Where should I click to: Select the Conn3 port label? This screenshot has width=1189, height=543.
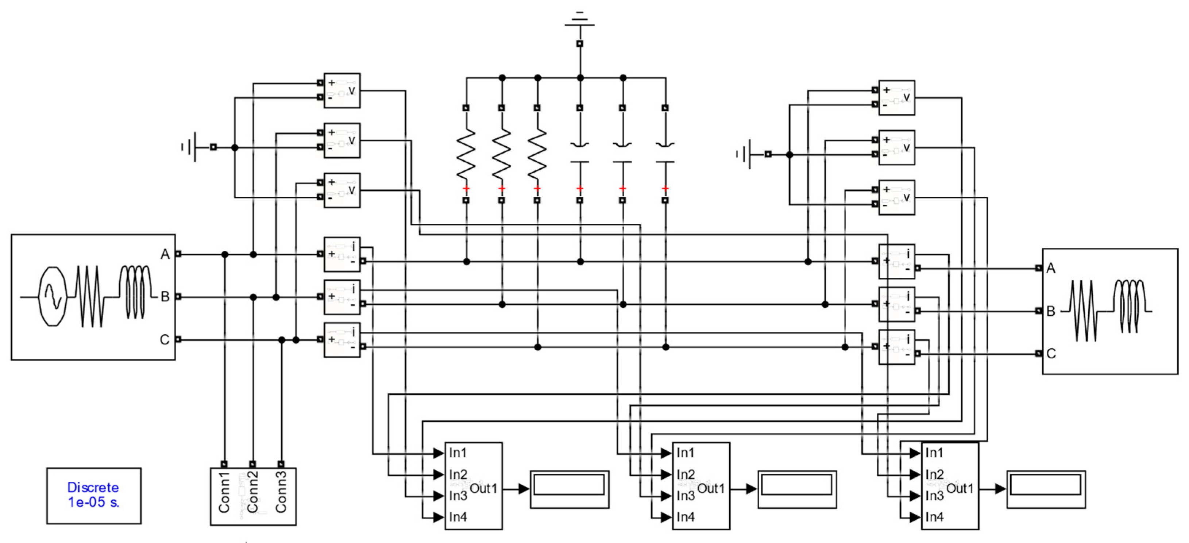[x=281, y=492]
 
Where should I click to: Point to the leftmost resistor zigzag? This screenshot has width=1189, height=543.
[x=466, y=154]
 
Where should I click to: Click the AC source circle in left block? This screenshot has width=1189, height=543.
[x=53, y=296]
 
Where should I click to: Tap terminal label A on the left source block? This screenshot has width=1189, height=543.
[x=165, y=254]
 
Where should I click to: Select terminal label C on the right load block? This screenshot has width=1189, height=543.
[x=1051, y=354]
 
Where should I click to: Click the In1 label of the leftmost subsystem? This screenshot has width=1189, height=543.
[x=458, y=453]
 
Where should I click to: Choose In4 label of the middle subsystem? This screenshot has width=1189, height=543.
[x=686, y=517]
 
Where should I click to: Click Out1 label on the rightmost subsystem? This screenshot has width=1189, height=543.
[x=960, y=489]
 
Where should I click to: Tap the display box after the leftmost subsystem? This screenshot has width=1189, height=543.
[x=569, y=489]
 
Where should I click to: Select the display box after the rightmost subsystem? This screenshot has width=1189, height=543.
[x=1046, y=489]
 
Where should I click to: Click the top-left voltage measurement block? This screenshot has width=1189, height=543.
[x=342, y=90]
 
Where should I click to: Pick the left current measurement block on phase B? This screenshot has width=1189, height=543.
[x=342, y=297]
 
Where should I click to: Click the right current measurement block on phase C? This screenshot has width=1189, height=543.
[x=896, y=347]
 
